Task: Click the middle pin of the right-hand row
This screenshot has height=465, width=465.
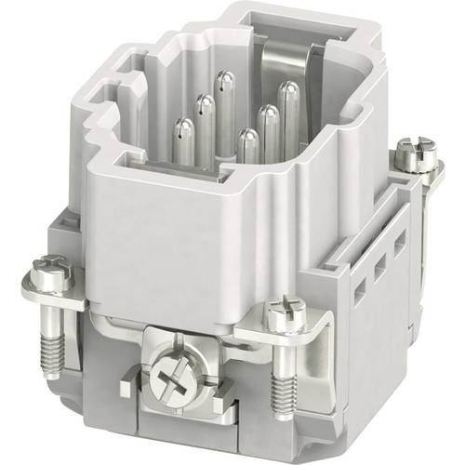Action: pyautogui.click(x=270, y=124)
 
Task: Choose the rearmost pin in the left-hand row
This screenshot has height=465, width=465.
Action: pyautogui.click(x=223, y=89)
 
